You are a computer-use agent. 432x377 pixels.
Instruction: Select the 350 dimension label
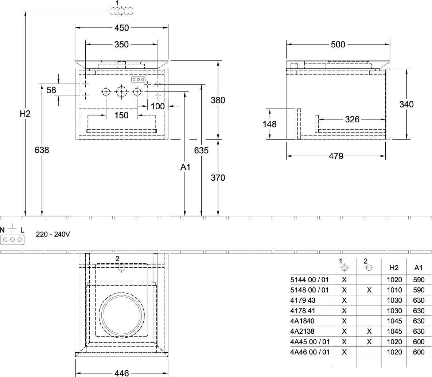point(121,44)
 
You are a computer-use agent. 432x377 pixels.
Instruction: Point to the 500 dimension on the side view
point(338,45)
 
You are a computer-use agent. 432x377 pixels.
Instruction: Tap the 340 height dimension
point(406,104)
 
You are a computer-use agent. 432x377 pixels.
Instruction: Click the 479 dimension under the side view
point(336,156)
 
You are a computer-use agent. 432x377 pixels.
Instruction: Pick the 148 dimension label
point(270,124)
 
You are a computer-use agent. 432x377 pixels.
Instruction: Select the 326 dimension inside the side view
point(352,119)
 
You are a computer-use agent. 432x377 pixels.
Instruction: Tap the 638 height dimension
point(42,150)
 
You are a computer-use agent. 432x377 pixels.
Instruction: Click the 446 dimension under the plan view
point(121,373)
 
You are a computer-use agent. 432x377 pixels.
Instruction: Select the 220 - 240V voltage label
point(53,235)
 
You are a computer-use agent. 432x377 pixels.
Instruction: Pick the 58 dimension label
point(51,90)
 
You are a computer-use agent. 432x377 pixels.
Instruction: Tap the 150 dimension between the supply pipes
point(121,115)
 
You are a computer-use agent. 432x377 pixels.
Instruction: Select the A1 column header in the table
point(418,268)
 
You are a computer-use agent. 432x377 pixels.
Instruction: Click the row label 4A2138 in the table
point(302,331)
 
